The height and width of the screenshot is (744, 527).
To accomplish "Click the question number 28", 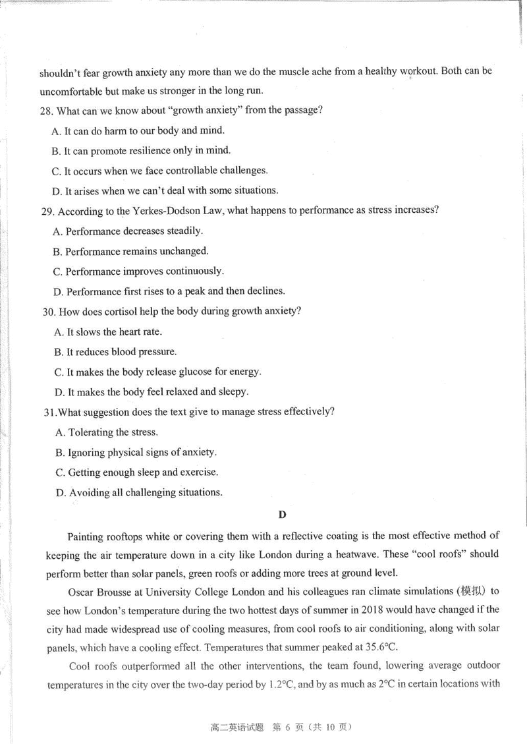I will coord(47,110).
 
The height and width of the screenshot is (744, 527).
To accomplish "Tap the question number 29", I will coord(47,211).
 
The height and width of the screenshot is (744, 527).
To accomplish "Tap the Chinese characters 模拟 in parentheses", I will coord(470,590).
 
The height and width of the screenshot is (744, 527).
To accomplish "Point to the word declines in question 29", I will coord(266,291).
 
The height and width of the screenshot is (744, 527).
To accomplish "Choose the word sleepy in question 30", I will coord(233,391).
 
